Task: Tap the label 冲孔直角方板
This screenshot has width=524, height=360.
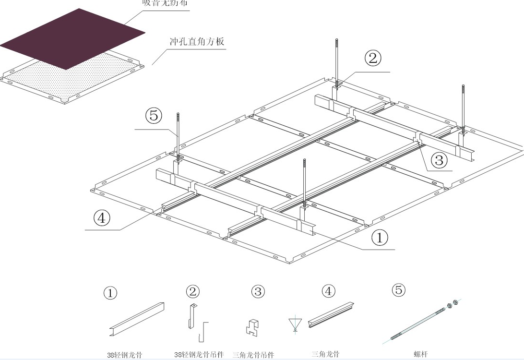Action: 197,41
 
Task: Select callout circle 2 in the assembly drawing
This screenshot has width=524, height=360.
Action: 373,59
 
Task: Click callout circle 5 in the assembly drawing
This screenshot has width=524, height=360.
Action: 154,116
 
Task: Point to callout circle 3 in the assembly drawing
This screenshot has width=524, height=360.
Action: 438,159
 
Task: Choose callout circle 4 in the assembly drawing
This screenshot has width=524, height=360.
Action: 102,218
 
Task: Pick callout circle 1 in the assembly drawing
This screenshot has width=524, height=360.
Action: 380,238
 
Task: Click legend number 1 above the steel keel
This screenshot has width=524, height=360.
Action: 110,293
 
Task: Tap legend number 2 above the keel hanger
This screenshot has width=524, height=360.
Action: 193,291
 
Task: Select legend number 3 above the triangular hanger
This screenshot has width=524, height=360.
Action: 258,291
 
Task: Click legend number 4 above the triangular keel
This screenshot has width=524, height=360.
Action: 329,290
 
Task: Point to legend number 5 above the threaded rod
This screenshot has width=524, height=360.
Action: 399,289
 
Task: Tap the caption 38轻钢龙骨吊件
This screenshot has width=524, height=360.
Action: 199,355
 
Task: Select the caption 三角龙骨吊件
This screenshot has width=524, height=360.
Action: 253,355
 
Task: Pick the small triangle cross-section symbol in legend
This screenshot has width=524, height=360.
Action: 294,323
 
